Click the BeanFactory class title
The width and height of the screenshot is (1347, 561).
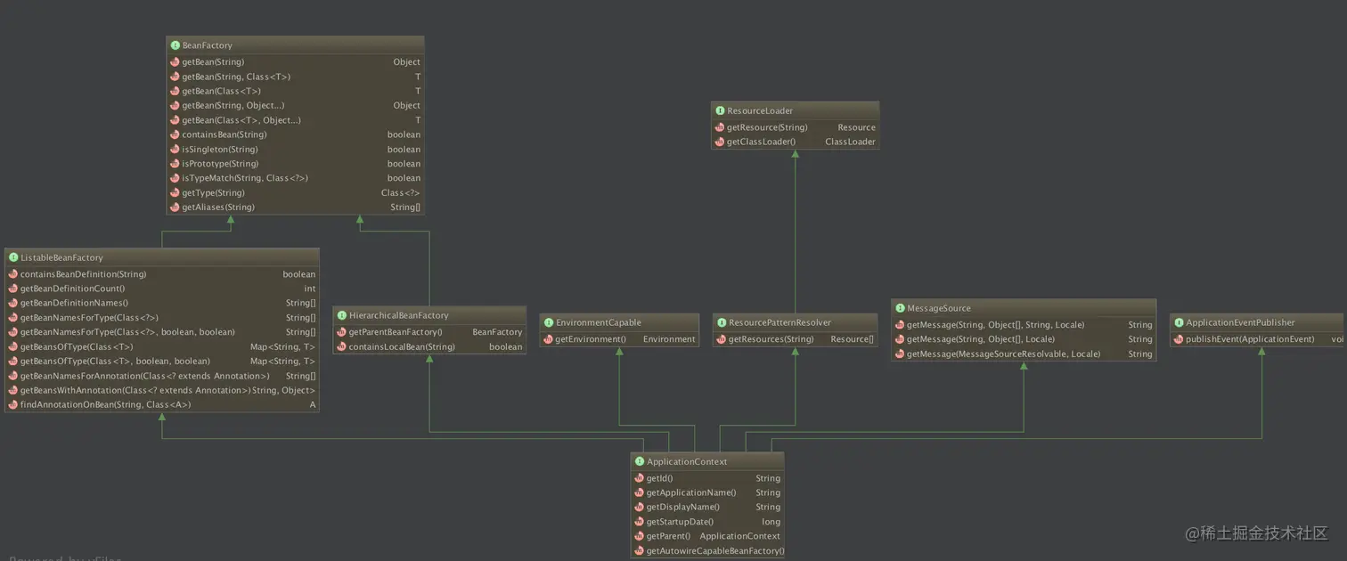click(207, 45)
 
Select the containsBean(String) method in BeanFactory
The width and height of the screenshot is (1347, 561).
click(224, 134)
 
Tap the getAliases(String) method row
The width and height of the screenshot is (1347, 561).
click(217, 207)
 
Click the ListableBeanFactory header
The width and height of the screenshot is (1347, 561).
click(61, 257)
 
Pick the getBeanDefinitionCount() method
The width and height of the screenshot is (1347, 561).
click(72, 289)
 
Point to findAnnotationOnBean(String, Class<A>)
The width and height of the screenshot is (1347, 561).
click(105, 405)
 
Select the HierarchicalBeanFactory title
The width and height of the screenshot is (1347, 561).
click(398, 315)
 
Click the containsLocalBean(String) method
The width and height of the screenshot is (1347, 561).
click(401, 346)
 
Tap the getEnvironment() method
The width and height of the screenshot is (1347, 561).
click(590, 339)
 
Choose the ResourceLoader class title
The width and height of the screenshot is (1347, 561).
click(759, 110)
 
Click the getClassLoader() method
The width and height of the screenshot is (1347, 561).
click(761, 142)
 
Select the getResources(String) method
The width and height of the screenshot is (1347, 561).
click(771, 339)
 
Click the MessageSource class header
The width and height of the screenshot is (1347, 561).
click(938, 308)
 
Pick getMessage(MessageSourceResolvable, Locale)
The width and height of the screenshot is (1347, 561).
click(1003, 354)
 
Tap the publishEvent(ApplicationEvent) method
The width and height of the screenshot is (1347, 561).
click(1249, 339)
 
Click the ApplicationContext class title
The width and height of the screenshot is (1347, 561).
click(686, 461)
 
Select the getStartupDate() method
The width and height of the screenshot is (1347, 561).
click(680, 522)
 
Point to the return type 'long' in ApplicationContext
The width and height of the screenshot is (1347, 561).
click(771, 522)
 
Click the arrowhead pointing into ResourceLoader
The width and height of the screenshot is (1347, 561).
click(796, 154)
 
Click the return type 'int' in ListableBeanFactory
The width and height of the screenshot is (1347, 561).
click(309, 289)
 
